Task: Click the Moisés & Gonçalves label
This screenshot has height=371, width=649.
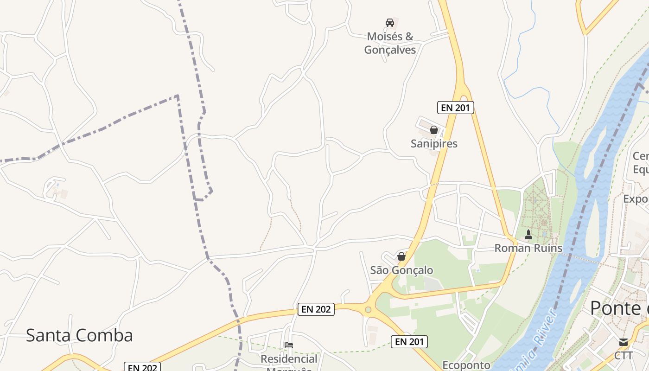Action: coord(390,43)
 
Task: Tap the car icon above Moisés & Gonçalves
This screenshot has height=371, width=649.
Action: coord(390,23)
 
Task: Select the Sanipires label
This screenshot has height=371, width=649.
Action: coord(434,144)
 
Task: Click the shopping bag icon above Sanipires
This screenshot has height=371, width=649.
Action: coord(434,130)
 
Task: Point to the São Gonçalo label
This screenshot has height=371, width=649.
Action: coord(401,270)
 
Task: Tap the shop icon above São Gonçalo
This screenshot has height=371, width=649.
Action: coord(401,256)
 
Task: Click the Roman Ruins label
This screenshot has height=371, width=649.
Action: coord(528,248)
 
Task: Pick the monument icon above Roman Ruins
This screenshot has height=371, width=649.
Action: coord(528,235)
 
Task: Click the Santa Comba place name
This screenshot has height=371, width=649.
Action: coord(79,335)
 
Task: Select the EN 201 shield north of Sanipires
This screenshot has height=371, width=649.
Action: coord(455,108)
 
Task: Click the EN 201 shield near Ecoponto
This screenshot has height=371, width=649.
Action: coord(409,342)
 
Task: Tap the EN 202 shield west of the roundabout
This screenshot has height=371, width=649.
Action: coord(316,309)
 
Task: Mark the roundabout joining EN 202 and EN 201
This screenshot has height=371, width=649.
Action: coord(368,309)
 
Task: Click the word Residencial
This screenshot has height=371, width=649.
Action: coord(289,359)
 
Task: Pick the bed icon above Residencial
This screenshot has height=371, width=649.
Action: coord(289,345)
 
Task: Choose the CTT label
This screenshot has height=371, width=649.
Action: coord(624,356)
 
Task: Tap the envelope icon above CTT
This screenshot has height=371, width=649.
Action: coord(624,342)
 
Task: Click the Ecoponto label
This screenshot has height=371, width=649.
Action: coord(466,365)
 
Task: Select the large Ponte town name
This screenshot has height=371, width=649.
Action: coord(619,308)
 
